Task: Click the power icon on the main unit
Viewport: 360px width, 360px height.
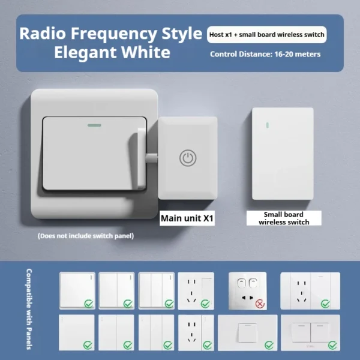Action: point(188,158)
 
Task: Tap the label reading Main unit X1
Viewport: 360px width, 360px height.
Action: point(187,218)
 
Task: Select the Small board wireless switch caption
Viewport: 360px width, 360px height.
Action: point(283,218)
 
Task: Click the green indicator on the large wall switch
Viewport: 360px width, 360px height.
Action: point(94,126)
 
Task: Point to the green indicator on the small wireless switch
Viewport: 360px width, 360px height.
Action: point(262,124)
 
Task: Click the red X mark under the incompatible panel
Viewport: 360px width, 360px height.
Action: point(260,304)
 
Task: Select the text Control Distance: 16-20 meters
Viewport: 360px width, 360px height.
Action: point(265,54)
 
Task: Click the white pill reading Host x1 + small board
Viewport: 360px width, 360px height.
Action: point(267,34)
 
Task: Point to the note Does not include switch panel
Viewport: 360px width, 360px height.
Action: point(85,236)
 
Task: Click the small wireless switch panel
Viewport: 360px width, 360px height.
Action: point(283,153)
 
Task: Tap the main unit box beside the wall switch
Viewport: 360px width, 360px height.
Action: point(188,157)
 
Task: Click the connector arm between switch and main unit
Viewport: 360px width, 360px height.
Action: point(150,158)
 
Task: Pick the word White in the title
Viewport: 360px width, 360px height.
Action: point(146,52)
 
